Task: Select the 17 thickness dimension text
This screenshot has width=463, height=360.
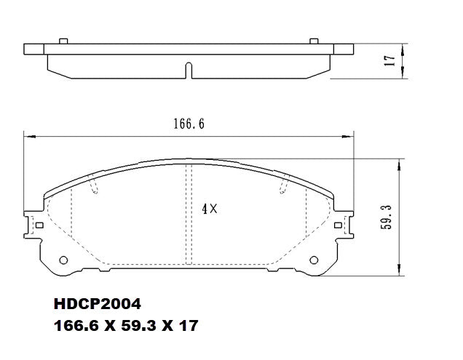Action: (390, 61)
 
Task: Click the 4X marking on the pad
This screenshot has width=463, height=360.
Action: (210, 208)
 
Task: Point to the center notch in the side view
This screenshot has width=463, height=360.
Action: (189, 71)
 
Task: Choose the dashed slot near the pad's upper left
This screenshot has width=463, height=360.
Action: (95, 189)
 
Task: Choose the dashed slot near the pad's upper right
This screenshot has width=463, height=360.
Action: (282, 189)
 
